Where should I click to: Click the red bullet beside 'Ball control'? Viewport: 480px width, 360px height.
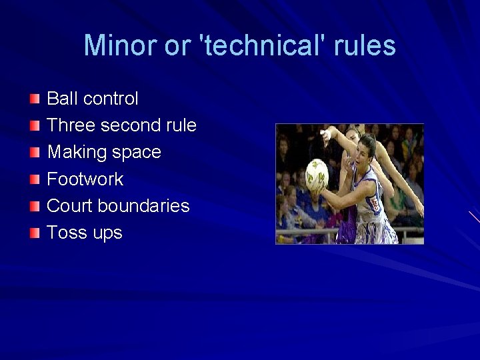[x=35, y=99]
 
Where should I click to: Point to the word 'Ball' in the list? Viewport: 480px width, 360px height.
[x=63, y=99]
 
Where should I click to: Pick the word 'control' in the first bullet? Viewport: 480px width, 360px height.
[x=111, y=99]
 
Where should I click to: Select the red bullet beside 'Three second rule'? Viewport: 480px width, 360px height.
[x=35, y=126]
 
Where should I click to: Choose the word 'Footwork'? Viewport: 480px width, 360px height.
[x=85, y=179]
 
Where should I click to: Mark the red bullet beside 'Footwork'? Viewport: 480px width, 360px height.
[x=35, y=179]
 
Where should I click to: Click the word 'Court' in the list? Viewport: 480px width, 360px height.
[x=70, y=205]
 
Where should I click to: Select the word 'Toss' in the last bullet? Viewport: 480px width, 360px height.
[x=65, y=232]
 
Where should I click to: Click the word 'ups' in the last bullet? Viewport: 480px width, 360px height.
[x=107, y=233]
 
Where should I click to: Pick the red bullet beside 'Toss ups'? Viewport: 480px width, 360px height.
[x=35, y=233]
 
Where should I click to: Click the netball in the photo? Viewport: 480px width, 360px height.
[x=316, y=173]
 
